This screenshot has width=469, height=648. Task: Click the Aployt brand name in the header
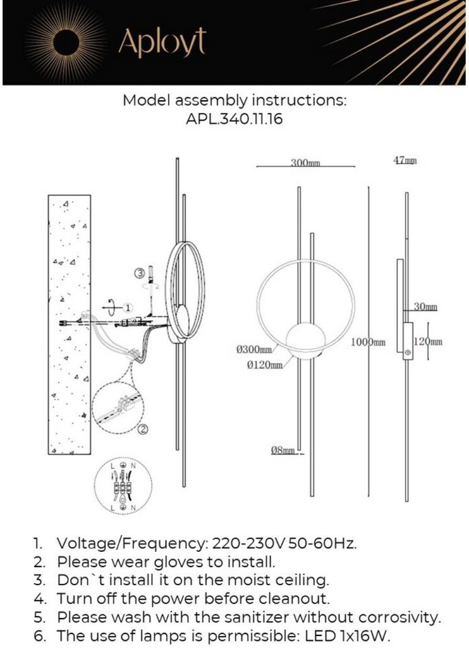162,42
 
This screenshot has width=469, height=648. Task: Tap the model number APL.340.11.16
234,119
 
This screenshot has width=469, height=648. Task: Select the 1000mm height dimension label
368,342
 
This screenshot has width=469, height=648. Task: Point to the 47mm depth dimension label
405,161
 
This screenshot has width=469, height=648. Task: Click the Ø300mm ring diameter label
254,349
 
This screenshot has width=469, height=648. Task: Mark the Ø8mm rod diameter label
283,450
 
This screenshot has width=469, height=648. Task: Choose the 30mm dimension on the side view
425,307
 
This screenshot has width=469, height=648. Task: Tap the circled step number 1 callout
129,307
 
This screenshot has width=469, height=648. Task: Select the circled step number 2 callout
143,430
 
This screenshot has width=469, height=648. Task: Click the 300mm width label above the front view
305,163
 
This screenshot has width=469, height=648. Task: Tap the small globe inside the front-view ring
306,340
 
